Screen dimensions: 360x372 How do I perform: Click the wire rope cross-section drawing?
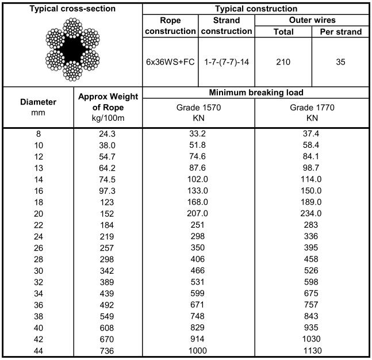[72, 49]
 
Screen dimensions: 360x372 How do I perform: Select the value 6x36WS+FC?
[170, 62]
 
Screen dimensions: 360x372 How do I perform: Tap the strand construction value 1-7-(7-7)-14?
[227, 62]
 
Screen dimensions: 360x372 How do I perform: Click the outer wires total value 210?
[283, 62]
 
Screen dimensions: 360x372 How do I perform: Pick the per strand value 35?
[340, 62]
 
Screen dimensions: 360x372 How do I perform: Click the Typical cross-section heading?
[72, 9]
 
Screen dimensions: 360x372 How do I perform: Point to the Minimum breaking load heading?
[256, 92]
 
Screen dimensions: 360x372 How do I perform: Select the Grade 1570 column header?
[198, 113]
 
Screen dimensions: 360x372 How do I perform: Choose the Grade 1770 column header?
[312, 113]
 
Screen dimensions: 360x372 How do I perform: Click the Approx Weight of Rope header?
[108, 108]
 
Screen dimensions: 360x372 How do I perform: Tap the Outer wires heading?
[312, 20]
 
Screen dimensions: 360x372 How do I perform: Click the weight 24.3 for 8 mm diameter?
[108, 134]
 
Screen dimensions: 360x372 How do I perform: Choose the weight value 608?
[108, 328]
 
